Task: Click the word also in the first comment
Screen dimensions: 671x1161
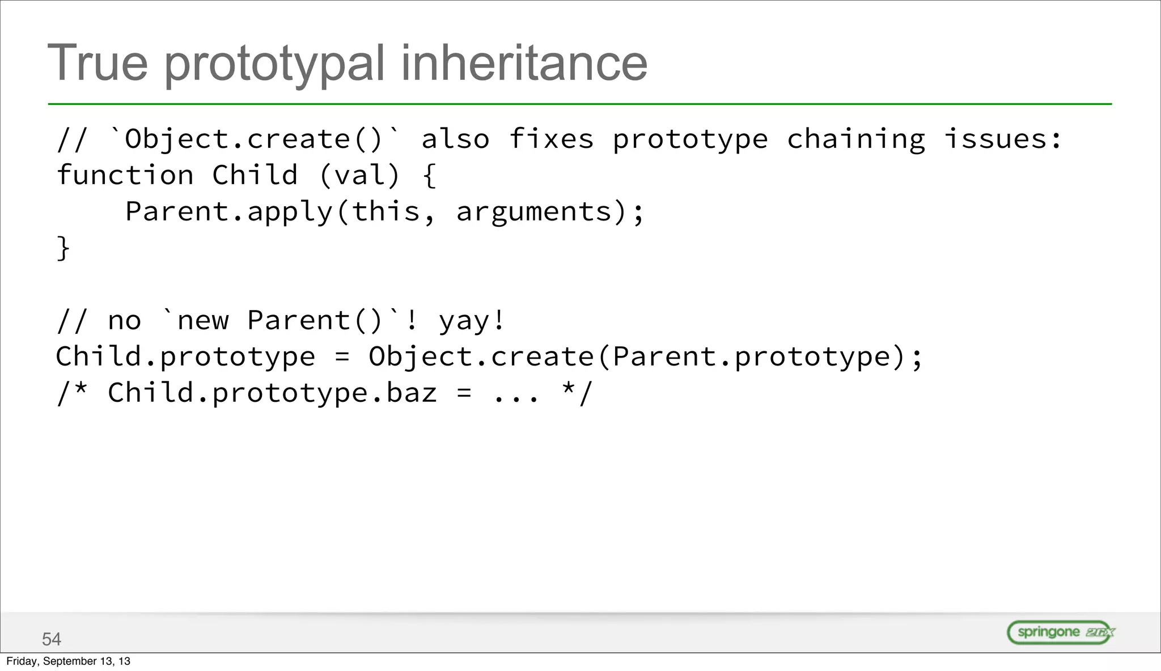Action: (x=455, y=139)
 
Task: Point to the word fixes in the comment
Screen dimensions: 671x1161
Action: (x=551, y=139)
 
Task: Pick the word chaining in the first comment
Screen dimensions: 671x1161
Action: (x=855, y=139)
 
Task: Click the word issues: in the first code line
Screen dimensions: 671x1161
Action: (x=1003, y=139)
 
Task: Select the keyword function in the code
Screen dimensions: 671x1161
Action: (x=125, y=175)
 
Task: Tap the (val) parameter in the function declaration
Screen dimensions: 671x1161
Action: (x=359, y=175)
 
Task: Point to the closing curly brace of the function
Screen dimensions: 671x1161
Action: (x=63, y=248)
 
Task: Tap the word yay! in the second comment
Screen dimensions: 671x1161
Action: (x=471, y=321)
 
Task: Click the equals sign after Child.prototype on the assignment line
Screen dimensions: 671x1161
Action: (x=342, y=357)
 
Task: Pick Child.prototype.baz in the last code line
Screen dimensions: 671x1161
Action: (x=272, y=393)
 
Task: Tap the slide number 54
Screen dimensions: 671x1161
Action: (x=52, y=639)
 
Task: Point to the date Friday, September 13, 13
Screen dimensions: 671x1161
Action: (x=68, y=661)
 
